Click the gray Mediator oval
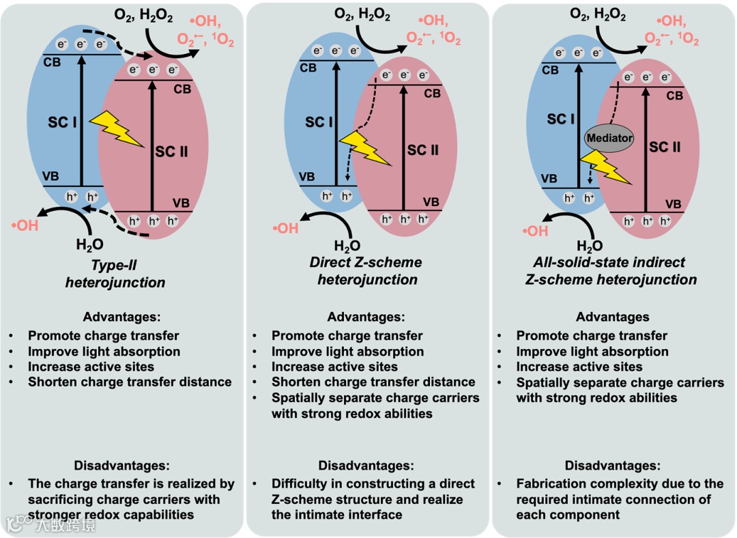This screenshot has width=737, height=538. pos(609,138)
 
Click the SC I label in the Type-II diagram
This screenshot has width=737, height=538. pos(62,123)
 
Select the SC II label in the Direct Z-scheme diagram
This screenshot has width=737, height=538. pos(422,150)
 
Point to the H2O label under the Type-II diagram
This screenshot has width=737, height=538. pos(91,244)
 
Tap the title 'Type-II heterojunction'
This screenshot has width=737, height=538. pos(115,273)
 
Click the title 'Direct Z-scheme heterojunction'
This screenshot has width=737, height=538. pos(365,270)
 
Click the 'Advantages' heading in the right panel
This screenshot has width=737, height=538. pos(612,317)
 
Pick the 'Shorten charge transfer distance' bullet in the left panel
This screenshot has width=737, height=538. pos(130,382)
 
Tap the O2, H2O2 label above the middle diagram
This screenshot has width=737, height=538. pos(363,14)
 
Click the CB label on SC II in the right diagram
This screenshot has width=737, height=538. pos(674,96)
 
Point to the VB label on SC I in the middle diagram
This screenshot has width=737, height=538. pos(307,177)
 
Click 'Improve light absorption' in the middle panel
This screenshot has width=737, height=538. pos(347,352)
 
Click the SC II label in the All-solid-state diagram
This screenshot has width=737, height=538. pos(665,147)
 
